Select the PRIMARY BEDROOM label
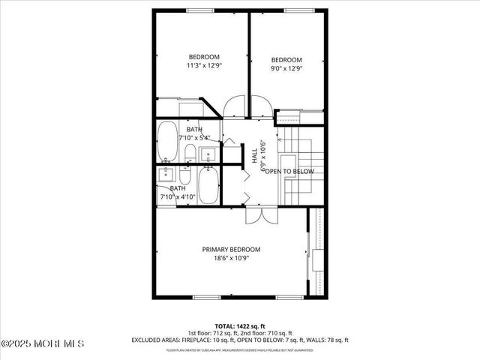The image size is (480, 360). pos(231,249)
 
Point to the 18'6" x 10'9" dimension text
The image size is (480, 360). pos(231,259)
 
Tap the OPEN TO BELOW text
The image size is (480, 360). pos(289,172)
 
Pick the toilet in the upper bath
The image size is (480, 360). pos(190,154)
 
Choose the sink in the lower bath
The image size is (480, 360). pos(166,175)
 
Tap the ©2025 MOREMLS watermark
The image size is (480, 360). pos(43,343)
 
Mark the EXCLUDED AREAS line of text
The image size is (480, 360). pos(240,340)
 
